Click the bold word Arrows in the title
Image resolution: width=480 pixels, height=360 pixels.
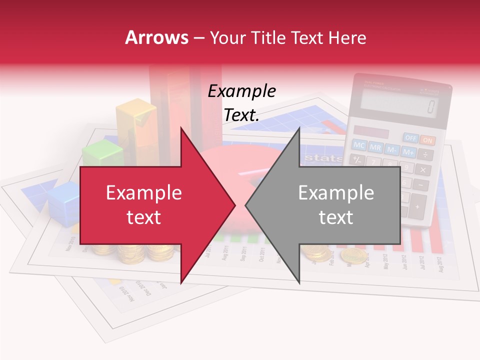click(x=157, y=37)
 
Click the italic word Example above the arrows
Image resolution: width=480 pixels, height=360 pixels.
click(x=241, y=91)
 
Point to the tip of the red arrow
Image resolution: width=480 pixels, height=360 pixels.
click(x=235, y=205)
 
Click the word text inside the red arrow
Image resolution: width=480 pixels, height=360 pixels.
click(x=143, y=217)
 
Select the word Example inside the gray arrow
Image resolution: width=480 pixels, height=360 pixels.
click(x=336, y=193)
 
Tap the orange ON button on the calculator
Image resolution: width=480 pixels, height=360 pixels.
click(x=427, y=140)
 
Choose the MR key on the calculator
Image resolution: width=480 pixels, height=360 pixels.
click(x=375, y=147)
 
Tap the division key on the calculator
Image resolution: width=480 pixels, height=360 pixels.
click(x=424, y=154)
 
